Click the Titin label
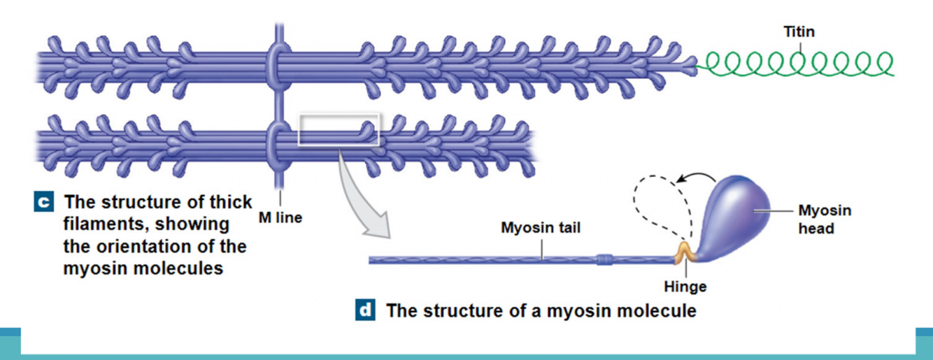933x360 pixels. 799,31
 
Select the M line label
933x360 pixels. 280,217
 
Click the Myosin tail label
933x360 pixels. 540,228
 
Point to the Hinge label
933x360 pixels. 685,287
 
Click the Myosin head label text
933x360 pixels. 825,219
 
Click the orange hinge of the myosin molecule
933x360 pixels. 684,253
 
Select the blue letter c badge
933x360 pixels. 43,203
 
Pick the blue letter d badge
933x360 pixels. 365,310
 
